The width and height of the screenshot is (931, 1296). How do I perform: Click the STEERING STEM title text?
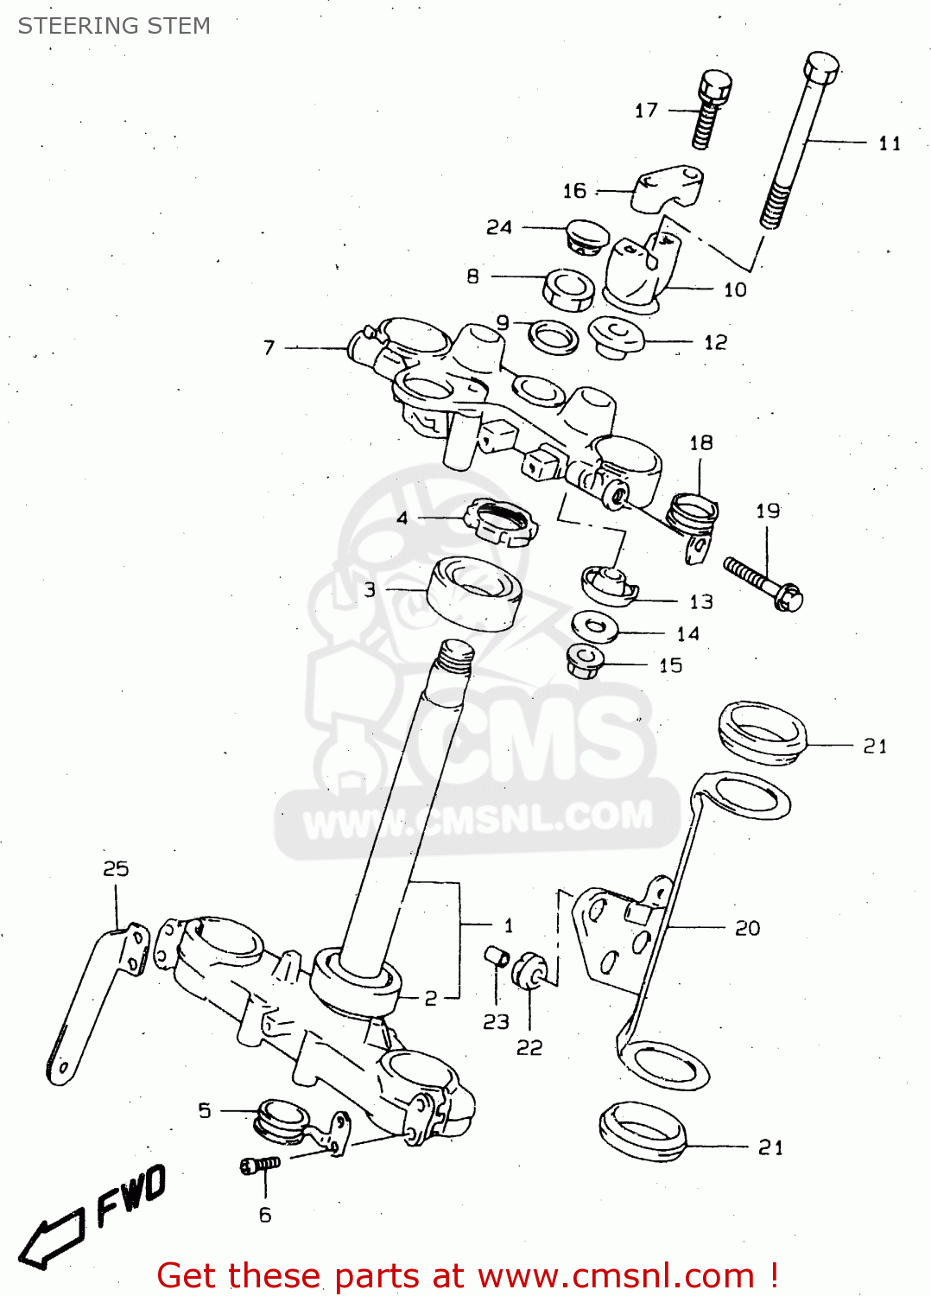(x=114, y=26)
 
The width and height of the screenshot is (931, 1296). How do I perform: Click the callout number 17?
(x=646, y=111)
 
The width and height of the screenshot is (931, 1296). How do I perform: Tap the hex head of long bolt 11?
(x=821, y=67)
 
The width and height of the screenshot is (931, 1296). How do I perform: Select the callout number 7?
(x=269, y=347)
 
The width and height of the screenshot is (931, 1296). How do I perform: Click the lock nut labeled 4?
(x=501, y=522)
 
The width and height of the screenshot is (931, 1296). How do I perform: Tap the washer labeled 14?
(x=595, y=626)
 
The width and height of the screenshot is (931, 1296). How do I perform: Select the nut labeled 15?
(x=584, y=663)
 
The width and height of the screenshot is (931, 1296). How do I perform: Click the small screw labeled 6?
(x=259, y=1166)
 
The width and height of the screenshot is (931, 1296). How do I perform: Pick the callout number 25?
(x=116, y=868)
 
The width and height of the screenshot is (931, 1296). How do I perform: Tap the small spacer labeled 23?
(x=496, y=957)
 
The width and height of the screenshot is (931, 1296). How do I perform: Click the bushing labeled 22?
(x=529, y=970)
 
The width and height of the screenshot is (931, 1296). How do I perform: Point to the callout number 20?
(x=747, y=928)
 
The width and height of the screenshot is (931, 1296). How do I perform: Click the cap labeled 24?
(x=586, y=236)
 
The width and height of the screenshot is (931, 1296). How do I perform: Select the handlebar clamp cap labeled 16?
(x=667, y=189)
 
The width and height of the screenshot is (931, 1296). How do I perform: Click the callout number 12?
(x=715, y=343)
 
